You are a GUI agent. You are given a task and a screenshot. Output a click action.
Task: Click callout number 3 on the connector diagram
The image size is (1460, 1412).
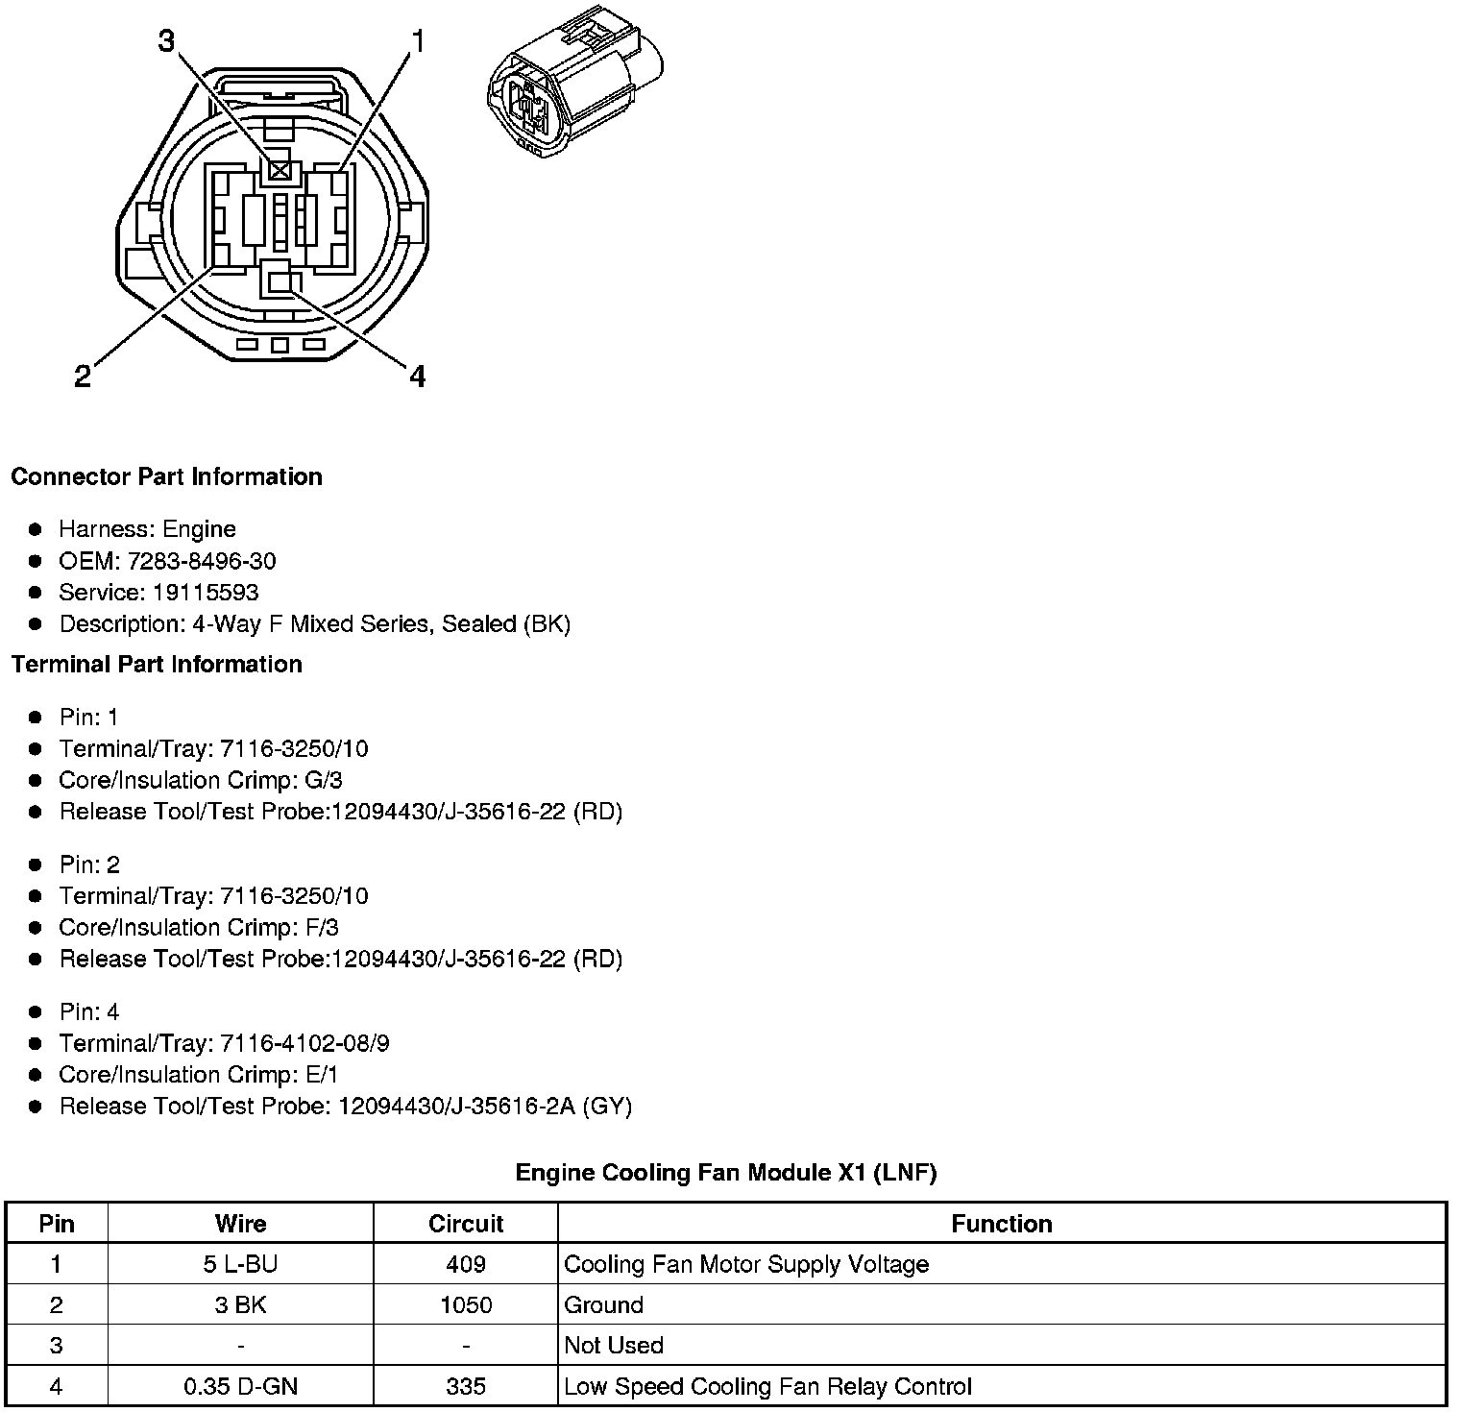point(166,40)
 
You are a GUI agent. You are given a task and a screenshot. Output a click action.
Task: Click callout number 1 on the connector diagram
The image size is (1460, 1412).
point(417,40)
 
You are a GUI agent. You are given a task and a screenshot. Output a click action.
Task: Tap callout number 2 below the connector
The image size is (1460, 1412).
point(83,377)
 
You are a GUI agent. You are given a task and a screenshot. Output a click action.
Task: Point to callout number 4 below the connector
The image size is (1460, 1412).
point(417,377)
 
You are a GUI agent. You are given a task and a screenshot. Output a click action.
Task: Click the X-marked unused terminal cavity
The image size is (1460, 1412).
point(280,171)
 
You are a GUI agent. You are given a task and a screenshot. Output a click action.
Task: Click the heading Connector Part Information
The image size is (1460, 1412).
point(166,477)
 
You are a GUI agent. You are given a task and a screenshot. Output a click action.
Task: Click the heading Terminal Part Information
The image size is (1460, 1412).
point(157,665)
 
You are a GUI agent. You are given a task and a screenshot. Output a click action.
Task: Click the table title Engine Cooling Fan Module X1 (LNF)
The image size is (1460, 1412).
point(725,1173)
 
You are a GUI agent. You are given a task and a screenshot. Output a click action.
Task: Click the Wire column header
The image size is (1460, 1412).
point(240,1224)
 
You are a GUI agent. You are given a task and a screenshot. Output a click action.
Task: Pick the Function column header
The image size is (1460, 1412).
point(1001,1224)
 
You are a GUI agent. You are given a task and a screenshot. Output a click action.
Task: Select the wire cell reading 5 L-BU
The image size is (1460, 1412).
point(240,1264)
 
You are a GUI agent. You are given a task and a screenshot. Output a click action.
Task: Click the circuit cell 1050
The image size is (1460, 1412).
point(466,1305)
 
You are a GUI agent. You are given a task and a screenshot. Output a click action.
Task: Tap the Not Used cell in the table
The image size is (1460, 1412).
point(614,1346)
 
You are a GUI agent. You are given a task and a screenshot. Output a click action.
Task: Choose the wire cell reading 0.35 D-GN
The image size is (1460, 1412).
point(240,1387)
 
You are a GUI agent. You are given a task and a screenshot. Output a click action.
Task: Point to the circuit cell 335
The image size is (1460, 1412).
point(466,1387)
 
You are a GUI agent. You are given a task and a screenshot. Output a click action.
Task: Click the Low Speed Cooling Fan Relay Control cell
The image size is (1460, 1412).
point(767,1387)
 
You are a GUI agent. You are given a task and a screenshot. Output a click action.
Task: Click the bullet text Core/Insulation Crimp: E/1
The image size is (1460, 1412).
point(198,1075)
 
